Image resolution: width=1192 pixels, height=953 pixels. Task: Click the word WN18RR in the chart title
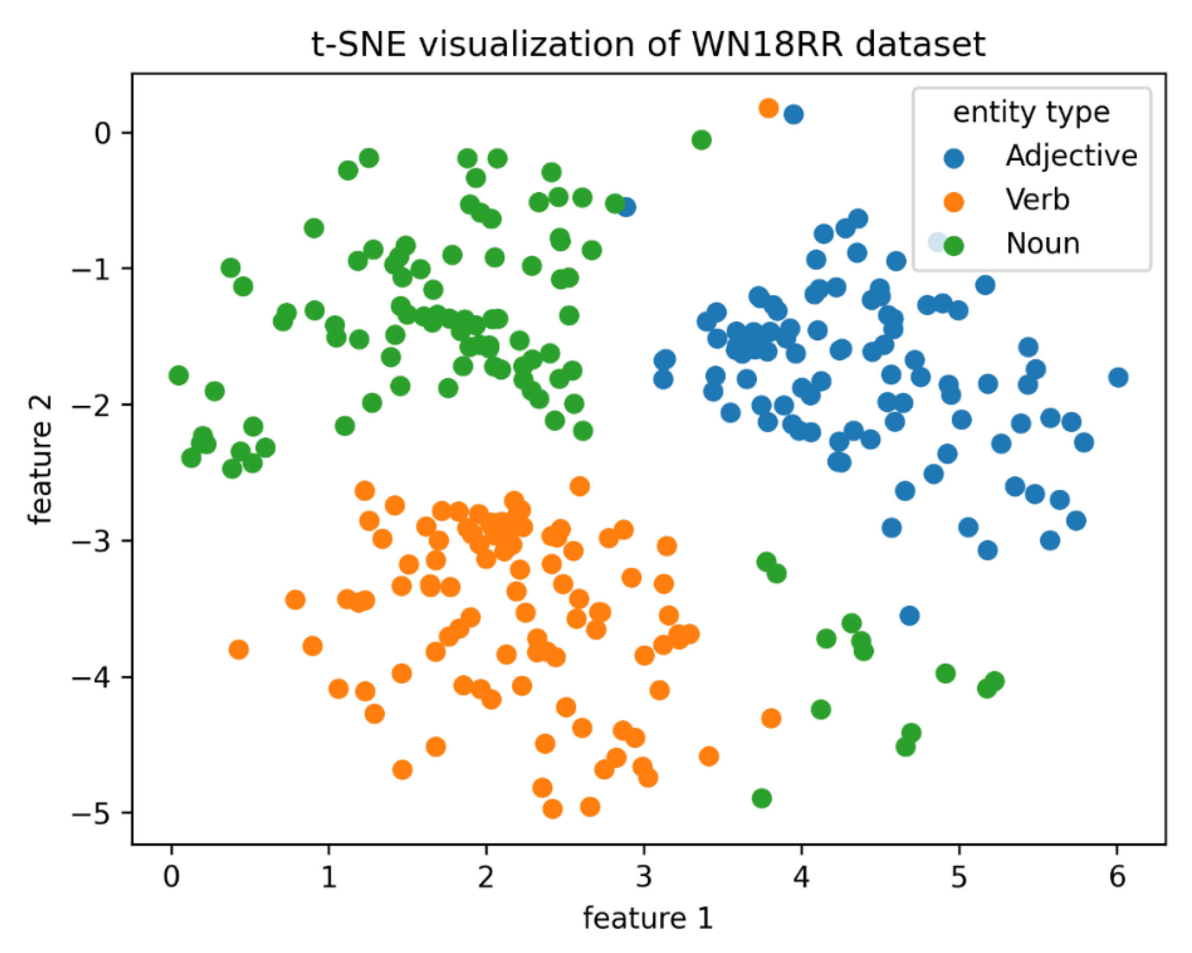767,44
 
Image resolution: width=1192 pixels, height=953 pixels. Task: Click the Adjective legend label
1070,155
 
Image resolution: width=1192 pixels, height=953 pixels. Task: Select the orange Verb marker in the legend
954,202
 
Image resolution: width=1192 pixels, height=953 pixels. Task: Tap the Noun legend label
1042,244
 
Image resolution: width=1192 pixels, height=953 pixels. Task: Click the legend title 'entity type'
1031,112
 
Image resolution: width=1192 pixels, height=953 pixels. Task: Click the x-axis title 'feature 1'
648,919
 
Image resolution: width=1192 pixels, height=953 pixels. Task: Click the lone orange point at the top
768,109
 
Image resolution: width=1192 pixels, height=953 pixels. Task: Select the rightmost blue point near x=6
1118,378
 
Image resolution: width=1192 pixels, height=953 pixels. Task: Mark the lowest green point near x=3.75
761,798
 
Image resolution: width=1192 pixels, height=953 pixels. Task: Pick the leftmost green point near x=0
178,375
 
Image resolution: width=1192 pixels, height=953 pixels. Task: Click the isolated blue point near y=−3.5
910,615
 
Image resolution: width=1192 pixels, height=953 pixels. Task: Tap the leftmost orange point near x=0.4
238,649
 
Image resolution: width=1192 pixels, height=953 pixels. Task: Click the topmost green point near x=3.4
701,140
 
